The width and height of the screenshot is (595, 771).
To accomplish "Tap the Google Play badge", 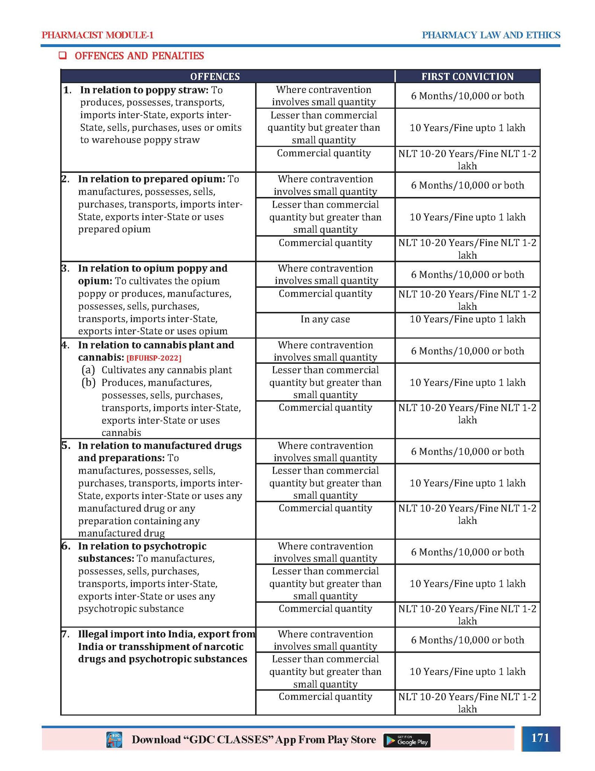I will click(x=406, y=740).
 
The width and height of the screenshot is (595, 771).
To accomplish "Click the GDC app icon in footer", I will click(x=114, y=740).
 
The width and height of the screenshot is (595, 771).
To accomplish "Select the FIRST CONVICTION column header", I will click(x=467, y=76).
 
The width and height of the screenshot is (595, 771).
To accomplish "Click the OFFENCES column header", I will click(x=215, y=76).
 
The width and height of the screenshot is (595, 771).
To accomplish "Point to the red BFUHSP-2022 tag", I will click(x=154, y=358).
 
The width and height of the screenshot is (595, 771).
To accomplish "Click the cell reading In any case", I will click(x=325, y=319).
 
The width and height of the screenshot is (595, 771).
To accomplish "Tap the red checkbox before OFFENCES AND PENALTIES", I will click(x=63, y=56).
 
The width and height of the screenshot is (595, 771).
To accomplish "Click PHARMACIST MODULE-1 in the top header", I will click(x=97, y=35).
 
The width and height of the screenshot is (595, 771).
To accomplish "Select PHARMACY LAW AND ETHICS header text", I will click(x=491, y=35).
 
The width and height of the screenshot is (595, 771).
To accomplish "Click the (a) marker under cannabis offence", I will click(x=88, y=370).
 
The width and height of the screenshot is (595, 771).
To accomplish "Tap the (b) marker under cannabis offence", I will click(x=89, y=382).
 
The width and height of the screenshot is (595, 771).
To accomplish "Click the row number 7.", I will click(x=65, y=634).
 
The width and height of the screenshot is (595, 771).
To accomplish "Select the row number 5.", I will click(x=65, y=445).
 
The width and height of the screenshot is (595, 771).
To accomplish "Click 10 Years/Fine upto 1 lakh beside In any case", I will click(x=467, y=319).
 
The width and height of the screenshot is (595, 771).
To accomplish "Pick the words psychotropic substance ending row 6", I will click(x=131, y=608).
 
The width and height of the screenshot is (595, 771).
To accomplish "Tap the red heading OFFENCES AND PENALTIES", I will click(x=139, y=56).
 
